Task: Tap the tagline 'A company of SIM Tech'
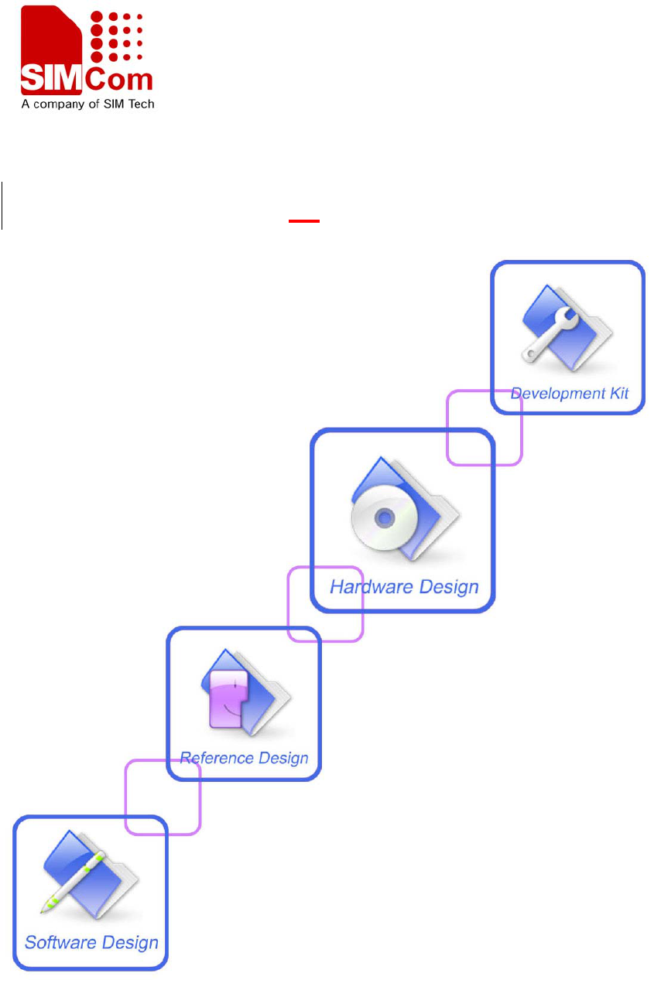pos(87,103)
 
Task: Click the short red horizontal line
pos(304,221)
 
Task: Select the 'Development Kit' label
pos(569,393)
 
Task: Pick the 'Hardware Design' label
pos(404,586)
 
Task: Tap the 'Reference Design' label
pos(244,757)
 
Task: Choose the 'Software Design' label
pos(91,942)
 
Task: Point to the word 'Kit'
pos(618,393)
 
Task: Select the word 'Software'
pos(57,942)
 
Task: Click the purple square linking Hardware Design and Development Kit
pos(485,427)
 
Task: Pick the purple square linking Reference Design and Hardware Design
pos(325,604)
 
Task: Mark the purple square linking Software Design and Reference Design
pos(163,797)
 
